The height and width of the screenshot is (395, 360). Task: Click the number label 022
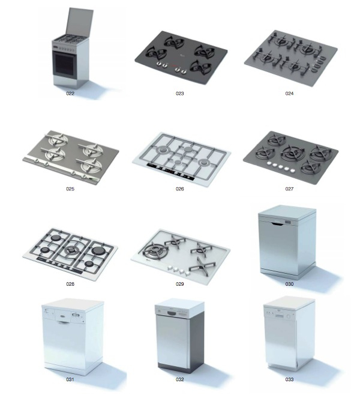tap(70, 94)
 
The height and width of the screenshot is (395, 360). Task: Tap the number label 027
tap(289, 188)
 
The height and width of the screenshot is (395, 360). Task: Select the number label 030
tap(289, 284)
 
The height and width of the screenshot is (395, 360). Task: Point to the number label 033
tap(289, 379)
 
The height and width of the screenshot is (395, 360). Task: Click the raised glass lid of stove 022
tap(79, 22)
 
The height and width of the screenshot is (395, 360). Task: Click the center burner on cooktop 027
tap(292, 153)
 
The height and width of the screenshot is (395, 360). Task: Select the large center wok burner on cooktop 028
tap(71, 250)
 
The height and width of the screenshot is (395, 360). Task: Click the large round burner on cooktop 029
tap(154, 250)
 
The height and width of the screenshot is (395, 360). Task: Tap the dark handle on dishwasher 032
tap(171, 313)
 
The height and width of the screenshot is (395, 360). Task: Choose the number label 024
tap(289, 94)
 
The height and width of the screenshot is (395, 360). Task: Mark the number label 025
tap(70, 188)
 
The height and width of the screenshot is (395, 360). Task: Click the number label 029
tap(180, 284)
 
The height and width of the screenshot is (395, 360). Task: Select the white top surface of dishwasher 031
tap(73, 305)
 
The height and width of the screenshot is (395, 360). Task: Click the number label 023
tap(180, 94)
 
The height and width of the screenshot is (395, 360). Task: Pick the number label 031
tap(70, 379)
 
